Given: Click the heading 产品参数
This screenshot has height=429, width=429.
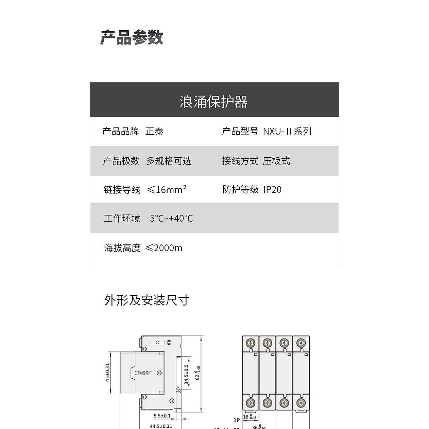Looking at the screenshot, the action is coord(132,37).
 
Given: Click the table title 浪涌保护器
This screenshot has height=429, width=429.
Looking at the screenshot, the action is coord(213,102).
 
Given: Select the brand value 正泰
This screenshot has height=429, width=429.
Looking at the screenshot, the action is coord(154,131).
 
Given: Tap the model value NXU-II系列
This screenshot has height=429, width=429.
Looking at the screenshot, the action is coord(287,131).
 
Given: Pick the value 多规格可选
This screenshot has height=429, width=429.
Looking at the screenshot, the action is coord(169,161).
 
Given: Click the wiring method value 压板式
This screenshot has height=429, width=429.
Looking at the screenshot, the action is coord(276,161).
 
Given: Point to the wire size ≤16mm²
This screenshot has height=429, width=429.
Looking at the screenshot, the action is coord(167,189).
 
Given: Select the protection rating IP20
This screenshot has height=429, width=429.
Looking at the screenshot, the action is coord(272,189).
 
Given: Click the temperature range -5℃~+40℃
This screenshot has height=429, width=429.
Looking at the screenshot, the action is coord(170,218).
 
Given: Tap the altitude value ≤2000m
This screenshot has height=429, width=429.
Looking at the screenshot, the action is coord(164,248).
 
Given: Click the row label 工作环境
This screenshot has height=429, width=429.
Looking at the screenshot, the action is coord(122,218).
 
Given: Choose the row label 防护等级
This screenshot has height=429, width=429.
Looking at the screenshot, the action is coord(241,189).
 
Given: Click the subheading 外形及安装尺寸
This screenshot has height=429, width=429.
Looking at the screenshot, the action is coord(147,300).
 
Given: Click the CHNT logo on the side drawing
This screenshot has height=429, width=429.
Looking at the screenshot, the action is coord(143,373).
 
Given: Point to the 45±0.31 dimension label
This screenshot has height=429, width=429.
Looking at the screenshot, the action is coord(107,373).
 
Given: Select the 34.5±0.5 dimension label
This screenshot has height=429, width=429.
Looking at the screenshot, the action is coord(186,375).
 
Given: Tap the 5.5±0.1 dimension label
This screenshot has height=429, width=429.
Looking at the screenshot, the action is coord(162,416).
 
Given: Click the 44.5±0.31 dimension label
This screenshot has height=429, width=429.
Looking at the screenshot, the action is coord(161,426).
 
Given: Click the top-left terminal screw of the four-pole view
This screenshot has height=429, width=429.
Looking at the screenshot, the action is coord(251,343).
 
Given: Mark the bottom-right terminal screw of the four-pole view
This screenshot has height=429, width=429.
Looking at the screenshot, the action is coord(301,403).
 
